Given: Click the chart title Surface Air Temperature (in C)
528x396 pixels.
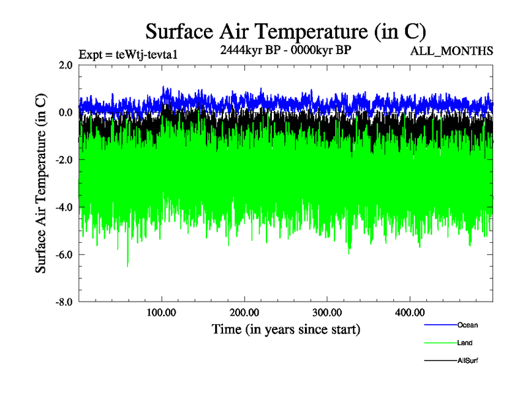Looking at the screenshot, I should (286, 31).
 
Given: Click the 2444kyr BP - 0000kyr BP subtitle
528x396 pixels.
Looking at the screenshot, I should (285, 50).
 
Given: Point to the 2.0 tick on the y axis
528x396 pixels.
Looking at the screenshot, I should (65, 65).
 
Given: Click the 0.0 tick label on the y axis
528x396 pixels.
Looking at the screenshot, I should (65, 113).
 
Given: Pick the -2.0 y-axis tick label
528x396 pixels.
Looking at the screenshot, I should (64, 160).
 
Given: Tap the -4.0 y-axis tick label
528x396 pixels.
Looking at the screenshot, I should (64, 208).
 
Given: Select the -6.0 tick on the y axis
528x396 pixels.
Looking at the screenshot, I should (64, 255).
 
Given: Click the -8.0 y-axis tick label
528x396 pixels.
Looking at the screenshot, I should (64, 302).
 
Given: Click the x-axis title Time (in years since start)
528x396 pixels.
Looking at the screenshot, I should (286, 329).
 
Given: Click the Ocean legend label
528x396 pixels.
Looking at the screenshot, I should (467, 325).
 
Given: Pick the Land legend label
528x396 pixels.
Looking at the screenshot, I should (465, 343).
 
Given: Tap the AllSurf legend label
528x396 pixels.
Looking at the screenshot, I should (467, 361).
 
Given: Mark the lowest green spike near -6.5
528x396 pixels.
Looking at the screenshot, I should (127, 265).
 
